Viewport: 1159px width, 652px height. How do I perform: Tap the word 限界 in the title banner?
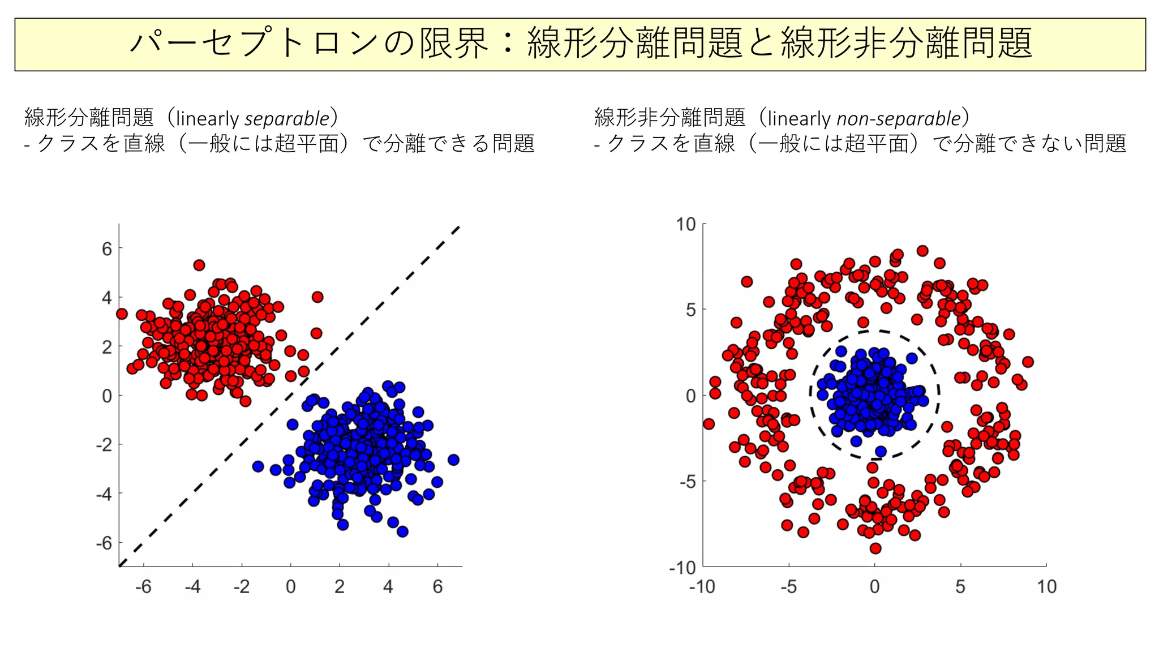click(453, 44)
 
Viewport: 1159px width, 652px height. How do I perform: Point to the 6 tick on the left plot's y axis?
click(107, 249)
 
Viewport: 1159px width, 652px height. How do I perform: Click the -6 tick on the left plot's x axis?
click(143, 587)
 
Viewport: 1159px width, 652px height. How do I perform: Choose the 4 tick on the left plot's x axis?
click(388, 587)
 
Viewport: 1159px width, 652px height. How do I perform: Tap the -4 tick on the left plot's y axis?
click(104, 494)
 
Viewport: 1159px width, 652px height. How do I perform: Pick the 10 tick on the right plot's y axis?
click(686, 225)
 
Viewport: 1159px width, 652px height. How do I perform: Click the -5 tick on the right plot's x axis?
click(788, 587)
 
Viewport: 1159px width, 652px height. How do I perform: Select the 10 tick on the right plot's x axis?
click(1046, 587)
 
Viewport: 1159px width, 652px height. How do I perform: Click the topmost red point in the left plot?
click(199, 265)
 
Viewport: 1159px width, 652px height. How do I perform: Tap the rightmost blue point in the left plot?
click(453, 460)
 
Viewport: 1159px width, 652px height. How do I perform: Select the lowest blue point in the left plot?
click(402, 531)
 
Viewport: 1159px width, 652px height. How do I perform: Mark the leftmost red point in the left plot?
click(122, 314)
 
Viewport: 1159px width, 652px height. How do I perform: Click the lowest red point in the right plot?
click(875, 548)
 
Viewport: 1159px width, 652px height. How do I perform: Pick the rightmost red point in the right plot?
click(1028, 362)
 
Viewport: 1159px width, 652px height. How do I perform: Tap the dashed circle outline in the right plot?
click(938, 391)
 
